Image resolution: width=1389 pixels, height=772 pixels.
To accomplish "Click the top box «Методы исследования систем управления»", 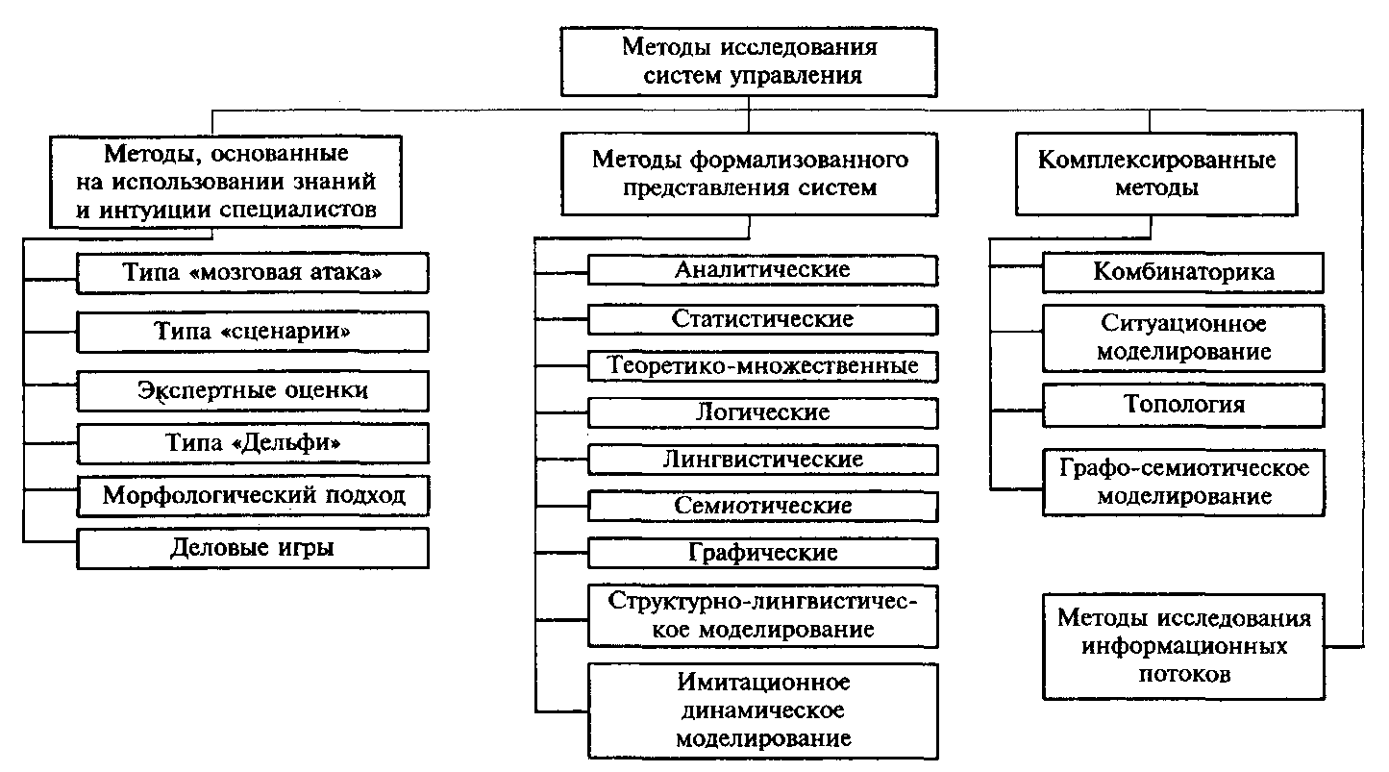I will [x=750, y=61].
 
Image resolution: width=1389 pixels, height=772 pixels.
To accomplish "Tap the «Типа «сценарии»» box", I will [x=253, y=333].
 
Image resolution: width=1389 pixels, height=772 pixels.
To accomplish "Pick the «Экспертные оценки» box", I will [x=253, y=391].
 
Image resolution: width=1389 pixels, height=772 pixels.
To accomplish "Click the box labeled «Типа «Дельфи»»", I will [x=253, y=443].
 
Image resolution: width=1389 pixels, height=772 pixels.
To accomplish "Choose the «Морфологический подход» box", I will [x=253, y=496].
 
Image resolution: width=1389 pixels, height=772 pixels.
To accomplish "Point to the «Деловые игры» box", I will [x=253, y=548].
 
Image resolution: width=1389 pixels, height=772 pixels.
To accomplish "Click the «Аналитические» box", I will [x=762, y=270].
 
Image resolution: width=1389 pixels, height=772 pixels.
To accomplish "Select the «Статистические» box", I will [x=762, y=319].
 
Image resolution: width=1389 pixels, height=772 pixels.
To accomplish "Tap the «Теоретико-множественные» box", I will [x=762, y=366].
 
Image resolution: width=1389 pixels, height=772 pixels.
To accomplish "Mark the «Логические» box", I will [x=762, y=413].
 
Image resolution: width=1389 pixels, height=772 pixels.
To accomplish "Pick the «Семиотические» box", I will [x=762, y=506].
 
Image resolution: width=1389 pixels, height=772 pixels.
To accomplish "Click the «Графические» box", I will [x=762, y=553].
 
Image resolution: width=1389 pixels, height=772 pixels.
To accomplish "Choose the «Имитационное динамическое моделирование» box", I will [x=762, y=711].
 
